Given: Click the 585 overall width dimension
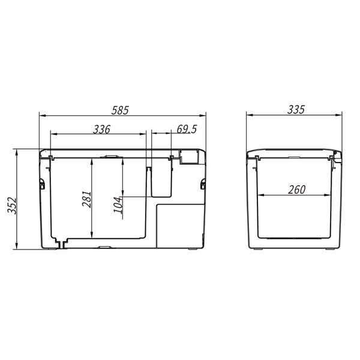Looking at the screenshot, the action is click(x=120, y=110).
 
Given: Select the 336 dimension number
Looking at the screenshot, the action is click(x=102, y=130).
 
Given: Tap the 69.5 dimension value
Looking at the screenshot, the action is click(x=187, y=129).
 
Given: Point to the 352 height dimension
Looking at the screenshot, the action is click(x=12, y=205).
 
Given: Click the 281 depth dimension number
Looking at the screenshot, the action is click(x=87, y=199).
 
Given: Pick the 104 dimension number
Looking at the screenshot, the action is click(x=118, y=205).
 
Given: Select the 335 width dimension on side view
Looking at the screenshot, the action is click(x=296, y=110).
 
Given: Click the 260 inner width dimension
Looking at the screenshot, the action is click(x=297, y=190).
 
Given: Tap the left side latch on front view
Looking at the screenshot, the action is click(x=42, y=184).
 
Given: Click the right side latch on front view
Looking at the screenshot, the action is click(x=203, y=184).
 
